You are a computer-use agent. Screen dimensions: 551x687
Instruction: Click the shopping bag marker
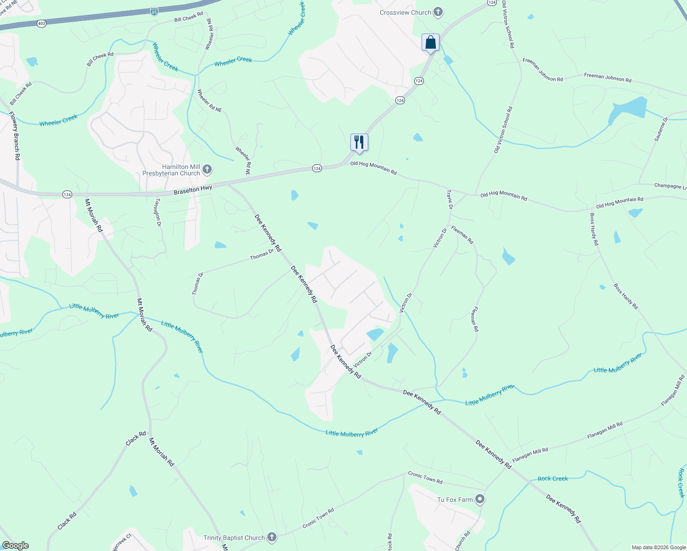click(x=430, y=43)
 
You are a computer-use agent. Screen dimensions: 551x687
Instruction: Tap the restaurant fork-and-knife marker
click(x=359, y=142)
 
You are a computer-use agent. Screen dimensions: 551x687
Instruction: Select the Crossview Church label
click(x=405, y=12)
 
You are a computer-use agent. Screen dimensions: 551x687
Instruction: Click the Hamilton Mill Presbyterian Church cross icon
click(x=207, y=170)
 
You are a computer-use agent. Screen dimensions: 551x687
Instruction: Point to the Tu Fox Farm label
click(x=455, y=500)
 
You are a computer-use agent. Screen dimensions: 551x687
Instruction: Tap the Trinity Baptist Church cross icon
click(x=272, y=537)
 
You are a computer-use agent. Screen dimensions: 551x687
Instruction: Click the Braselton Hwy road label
click(x=193, y=189)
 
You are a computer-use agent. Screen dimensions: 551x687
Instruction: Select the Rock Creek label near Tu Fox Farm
click(x=552, y=478)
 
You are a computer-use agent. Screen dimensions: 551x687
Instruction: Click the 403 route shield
click(x=42, y=23)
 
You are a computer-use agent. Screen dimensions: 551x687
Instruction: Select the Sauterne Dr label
click(x=661, y=129)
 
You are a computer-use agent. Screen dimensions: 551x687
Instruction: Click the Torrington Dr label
click(x=158, y=212)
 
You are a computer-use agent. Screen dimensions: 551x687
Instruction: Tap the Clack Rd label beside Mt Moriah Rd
click(x=135, y=438)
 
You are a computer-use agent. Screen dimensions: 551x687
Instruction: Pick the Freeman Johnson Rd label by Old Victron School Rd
click(x=542, y=70)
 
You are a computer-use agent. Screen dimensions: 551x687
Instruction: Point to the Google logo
click(x=16, y=545)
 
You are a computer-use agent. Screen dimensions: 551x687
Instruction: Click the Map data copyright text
click(x=659, y=547)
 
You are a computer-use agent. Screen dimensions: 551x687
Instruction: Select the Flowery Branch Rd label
click(x=15, y=135)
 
